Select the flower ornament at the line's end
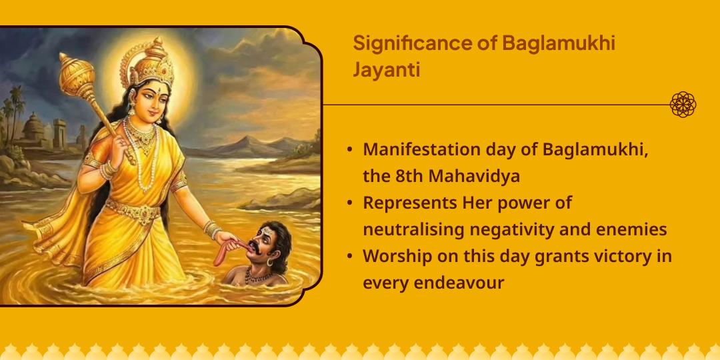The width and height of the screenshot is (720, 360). pos(683,105)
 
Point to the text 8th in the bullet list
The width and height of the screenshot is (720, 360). pos(405,176)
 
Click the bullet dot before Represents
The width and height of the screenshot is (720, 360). pos(350,203)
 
